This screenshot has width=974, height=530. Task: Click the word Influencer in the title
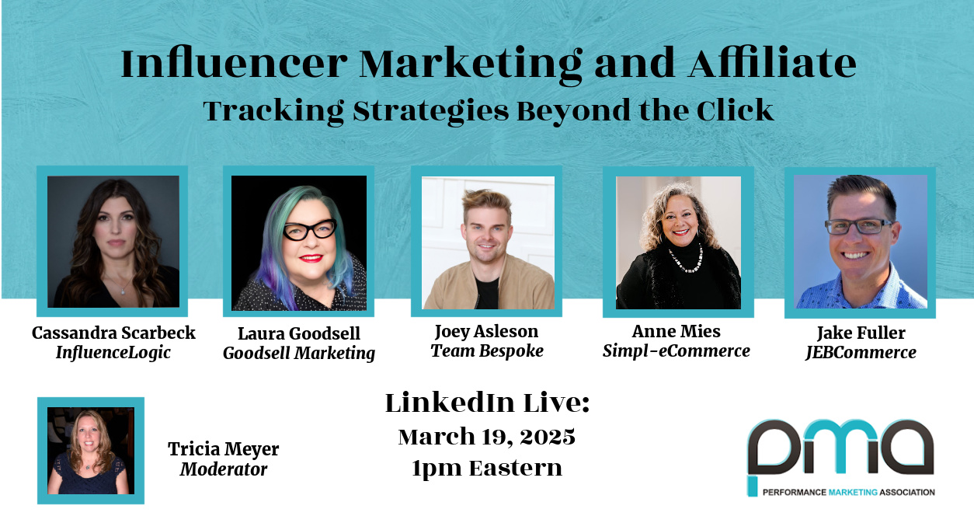pos(234,64)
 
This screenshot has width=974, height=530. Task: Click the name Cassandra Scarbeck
pos(113,333)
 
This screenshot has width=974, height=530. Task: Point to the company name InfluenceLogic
pos(113,353)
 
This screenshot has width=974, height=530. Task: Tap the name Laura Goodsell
pos(299,333)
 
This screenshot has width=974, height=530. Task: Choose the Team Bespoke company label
pos(487,350)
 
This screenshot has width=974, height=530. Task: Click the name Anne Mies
pos(677,332)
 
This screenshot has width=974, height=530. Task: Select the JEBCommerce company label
pos(861,353)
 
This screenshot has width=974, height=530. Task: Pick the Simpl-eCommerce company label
pos(677,350)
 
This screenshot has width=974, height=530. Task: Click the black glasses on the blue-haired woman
pos(310,229)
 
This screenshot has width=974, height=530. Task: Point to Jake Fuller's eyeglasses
pos(858,226)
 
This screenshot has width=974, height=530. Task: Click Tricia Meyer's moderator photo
pos(91,451)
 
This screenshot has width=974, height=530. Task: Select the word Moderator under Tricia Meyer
pos(224,469)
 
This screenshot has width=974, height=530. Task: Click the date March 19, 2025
pos(486,437)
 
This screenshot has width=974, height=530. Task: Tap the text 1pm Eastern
pos(486,469)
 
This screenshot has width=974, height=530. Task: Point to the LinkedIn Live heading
pos(487,403)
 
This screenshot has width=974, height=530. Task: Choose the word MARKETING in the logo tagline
pos(853,492)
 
